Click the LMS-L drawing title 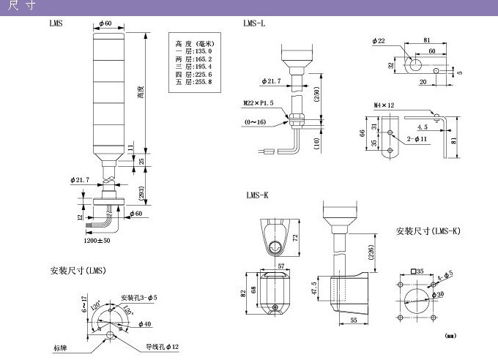(254, 24)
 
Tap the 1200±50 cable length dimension (97, 240)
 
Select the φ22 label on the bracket (378, 42)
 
